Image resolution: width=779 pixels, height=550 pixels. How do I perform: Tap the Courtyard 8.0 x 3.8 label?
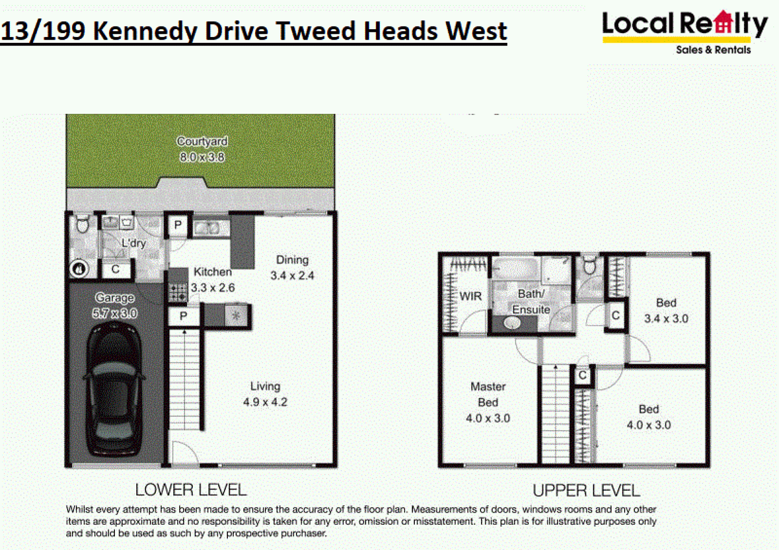[202, 149]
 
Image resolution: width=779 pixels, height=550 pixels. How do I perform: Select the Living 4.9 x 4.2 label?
[265, 394]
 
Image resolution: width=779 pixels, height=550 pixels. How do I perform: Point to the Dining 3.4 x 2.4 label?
[292, 268]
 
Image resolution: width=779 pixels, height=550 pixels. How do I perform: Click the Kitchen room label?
[213, 272]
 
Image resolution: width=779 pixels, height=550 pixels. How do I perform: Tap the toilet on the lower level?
[82, 224]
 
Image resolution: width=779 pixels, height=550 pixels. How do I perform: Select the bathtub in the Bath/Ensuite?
[515, 268]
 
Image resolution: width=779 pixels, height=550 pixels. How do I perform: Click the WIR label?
[471, 296]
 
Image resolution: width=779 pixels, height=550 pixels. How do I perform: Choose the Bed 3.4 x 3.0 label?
[666, 311]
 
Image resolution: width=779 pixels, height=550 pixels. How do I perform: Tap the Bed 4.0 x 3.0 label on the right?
[649, 417]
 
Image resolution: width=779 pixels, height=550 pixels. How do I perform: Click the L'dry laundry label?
[134, 243]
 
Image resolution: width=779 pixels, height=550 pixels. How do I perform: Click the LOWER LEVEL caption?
[191, 490]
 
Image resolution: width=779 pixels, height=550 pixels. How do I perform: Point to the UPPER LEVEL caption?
[586, 491]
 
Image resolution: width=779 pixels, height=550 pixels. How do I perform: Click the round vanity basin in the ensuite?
[512, 323]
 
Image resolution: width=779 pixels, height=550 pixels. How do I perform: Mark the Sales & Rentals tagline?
[713, 50]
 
